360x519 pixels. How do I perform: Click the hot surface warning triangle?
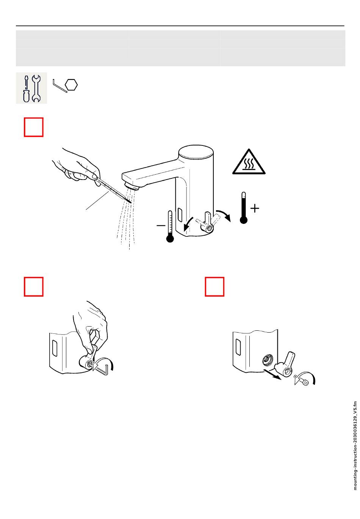[249, 162]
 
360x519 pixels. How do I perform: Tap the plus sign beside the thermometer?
[255, 208]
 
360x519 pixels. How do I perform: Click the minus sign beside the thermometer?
[161, 225]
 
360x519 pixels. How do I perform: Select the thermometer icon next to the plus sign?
[243, 208]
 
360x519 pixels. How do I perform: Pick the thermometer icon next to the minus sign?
[170, 227]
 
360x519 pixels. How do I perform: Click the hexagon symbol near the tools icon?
[71, 85]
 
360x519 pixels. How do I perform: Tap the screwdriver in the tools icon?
[26, 89]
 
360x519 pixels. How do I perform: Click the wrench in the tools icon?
[36, 89]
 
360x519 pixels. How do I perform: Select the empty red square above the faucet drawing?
[34, 127]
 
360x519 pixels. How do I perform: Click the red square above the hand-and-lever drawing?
[34, 287]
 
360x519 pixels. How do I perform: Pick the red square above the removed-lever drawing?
[214, 287]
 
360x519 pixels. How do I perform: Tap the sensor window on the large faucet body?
[179, 215]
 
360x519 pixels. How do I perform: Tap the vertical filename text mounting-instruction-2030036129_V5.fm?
[355, 446]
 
